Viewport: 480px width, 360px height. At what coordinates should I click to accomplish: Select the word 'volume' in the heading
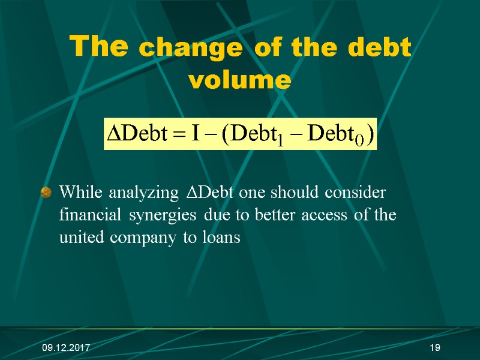click(239, 79)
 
